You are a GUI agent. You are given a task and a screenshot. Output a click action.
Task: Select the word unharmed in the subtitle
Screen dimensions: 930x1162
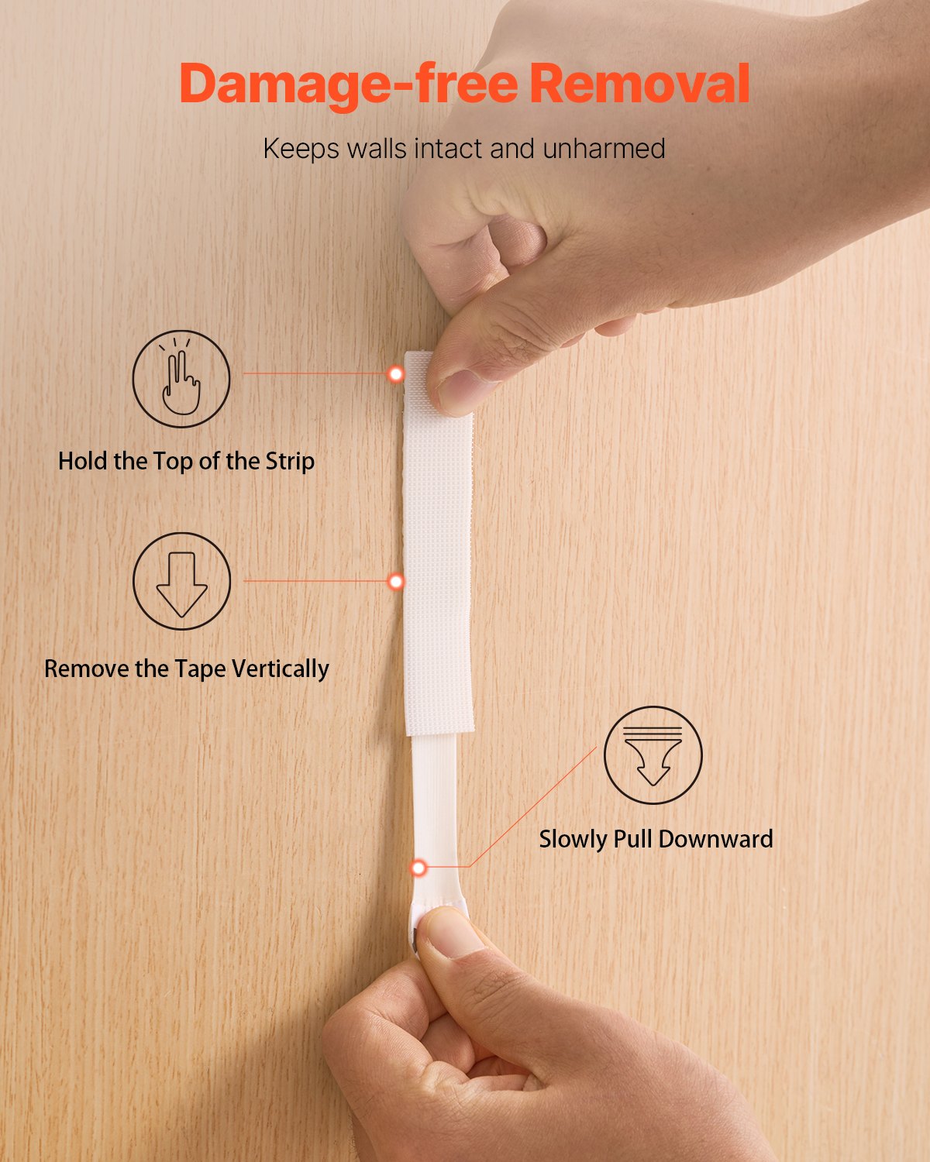pyautogui.click(x=604, y=149)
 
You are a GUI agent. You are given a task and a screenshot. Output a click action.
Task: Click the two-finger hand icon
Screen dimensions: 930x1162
pyautogui.click(x=181, y=379)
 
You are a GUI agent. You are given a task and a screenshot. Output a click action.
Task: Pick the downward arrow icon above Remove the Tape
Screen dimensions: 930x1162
pyautogui.click(x=181, y=582)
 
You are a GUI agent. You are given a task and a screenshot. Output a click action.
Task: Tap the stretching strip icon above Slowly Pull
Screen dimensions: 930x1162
pyautogui.click(x=653, y=755)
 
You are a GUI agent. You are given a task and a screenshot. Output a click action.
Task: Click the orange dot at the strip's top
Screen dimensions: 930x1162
pyautogui.click(x=396, y=373)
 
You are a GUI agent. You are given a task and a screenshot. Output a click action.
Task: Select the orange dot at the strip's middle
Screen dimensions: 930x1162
pyautogui.click(x=396, y=582)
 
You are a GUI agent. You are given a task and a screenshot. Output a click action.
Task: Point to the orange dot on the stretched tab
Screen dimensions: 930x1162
pyautogui.click(x=418, y=868)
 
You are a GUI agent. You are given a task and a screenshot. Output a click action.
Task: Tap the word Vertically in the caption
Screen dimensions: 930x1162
pyautogui.click(x=281, y=669)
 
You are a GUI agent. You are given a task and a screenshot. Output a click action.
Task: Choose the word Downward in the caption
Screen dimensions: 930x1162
pyautogui.click(x=716, y=839)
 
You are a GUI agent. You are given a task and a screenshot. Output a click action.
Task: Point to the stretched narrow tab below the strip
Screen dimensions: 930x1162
pyautogui.click(x=435, y=820)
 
